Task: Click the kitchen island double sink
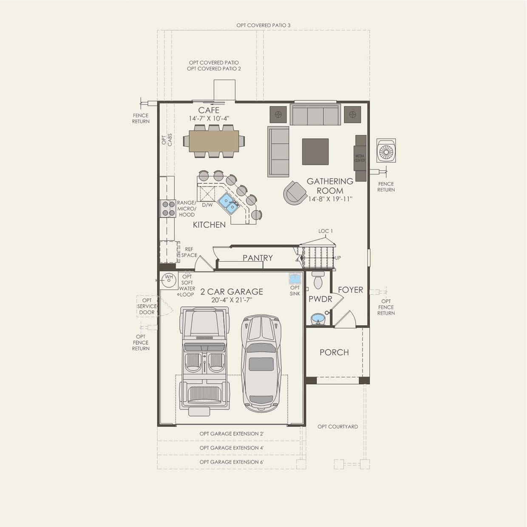pos(228,203)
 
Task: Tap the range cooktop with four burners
pos(168,208)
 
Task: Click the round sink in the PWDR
pos(317,318)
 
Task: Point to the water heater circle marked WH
pos(169,279)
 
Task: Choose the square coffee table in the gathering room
pos(315,151)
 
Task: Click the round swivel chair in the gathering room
pos(295,193)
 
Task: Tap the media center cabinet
pos(360,158)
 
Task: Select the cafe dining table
pos(214,141)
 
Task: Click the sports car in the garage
pos(261,363)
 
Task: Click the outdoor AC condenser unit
pos(386,150)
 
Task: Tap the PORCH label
pos(334,352)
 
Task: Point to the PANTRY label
pos(258,258)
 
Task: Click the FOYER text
pos(350,290)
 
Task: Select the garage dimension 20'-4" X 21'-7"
pos(232,300)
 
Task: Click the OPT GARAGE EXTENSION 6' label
pos(232,462)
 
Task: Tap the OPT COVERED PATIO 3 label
pos(263,25)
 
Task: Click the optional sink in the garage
pos(295,279)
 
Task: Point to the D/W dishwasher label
pos(207,205)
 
